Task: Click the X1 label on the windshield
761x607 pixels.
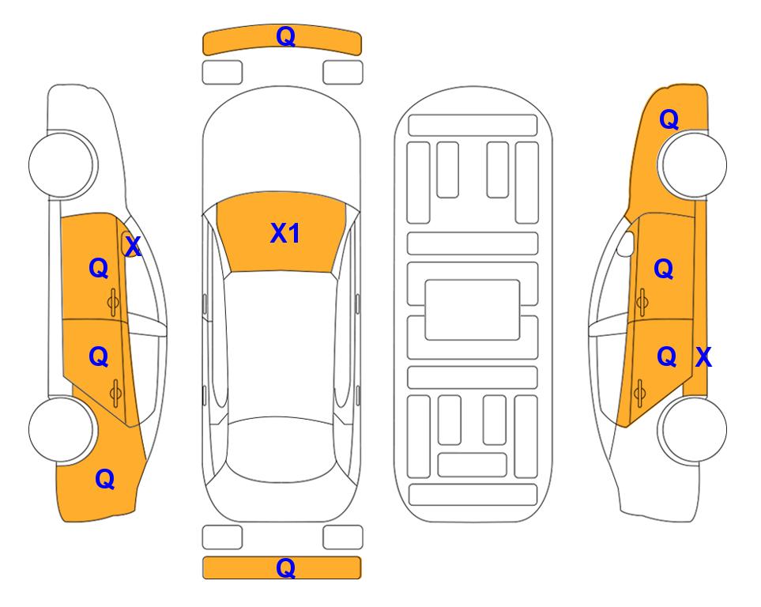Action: [285, 233]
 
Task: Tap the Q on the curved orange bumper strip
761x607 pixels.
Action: [285, 36]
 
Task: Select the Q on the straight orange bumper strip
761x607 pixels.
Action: [285, 567]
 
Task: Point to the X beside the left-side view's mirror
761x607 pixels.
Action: [133, 247]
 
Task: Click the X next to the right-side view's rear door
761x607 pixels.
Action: [703, 357]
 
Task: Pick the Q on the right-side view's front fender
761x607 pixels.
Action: [669, 119]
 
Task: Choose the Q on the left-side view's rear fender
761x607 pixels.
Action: [104, 479]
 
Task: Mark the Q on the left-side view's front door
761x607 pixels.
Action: [99, 268]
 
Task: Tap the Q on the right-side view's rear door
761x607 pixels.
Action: [666, 357]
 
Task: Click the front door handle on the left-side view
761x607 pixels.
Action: [113, 303]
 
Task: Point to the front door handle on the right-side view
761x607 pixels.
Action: [642, 302]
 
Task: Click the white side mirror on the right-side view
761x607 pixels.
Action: [626, 243]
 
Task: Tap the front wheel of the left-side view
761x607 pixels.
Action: [62, 164]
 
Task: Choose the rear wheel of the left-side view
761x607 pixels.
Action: [62, 430]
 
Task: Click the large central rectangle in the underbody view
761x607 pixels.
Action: [473, 310]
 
